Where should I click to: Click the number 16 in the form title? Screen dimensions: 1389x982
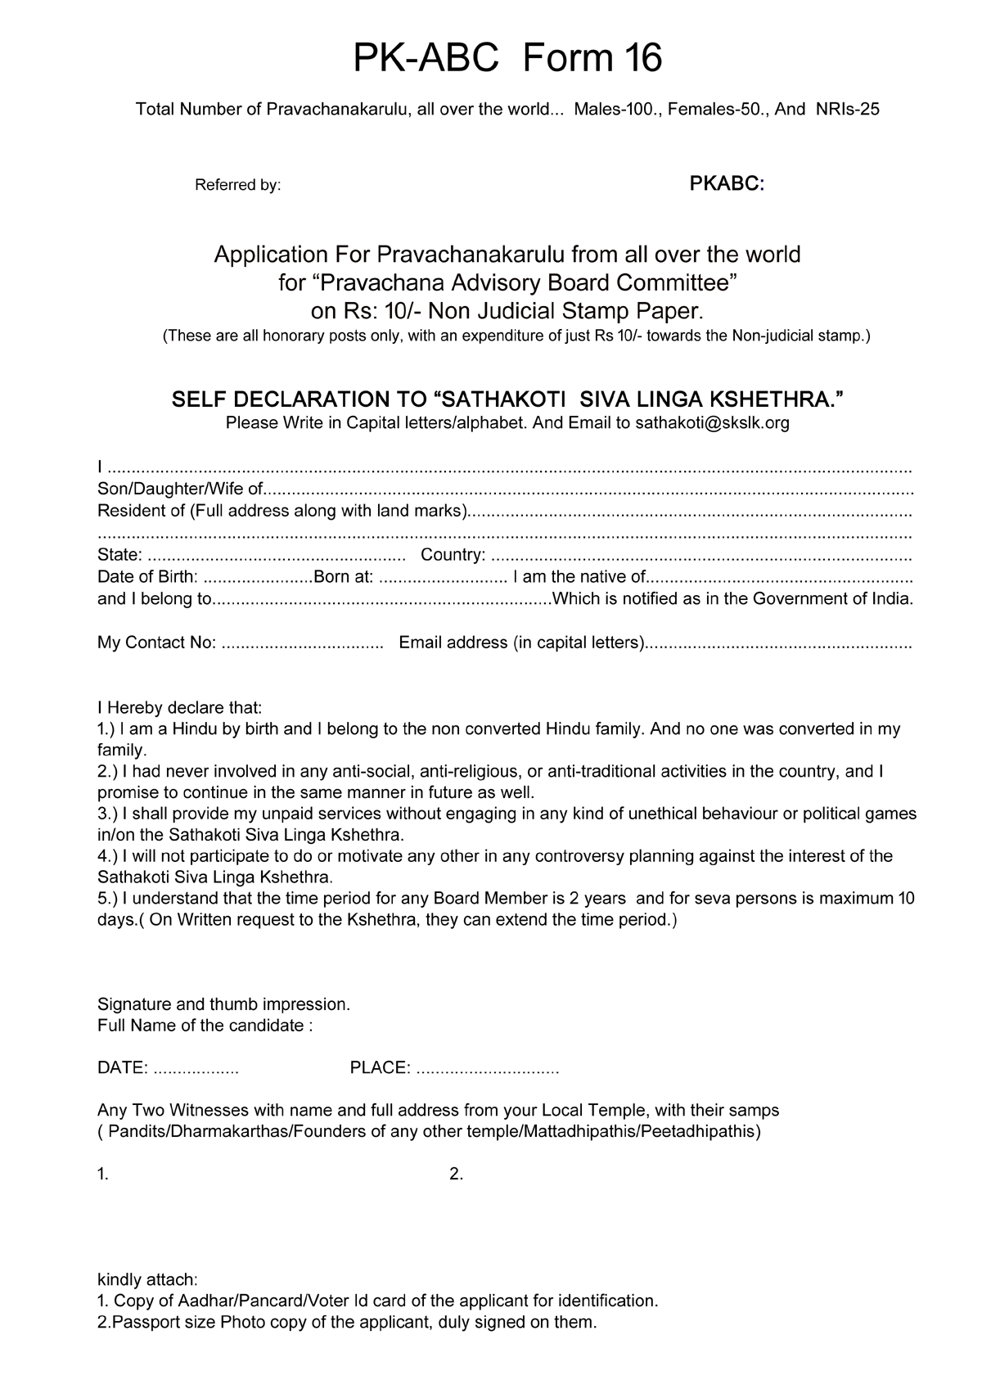click(641, 58)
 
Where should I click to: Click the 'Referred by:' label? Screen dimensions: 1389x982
click(237, 185)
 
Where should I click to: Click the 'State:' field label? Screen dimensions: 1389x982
click(119, 555)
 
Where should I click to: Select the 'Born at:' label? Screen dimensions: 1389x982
click(344, 576)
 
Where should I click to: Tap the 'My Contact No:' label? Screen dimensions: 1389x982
click(156, 643)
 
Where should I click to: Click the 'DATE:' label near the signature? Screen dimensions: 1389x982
click(123, 1067)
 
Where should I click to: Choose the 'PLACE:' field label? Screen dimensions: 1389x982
click(380, 1067)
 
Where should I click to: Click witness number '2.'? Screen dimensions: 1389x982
click(457, 1174)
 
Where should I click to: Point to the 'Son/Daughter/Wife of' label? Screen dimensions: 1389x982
click(180, 489)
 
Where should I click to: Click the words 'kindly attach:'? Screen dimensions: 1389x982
click(147, 1279)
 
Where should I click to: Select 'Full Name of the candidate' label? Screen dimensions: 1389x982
click(205, 1025)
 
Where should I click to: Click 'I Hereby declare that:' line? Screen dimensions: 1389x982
click(179, 707)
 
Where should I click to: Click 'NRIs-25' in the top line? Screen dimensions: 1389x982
click(848, 109)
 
